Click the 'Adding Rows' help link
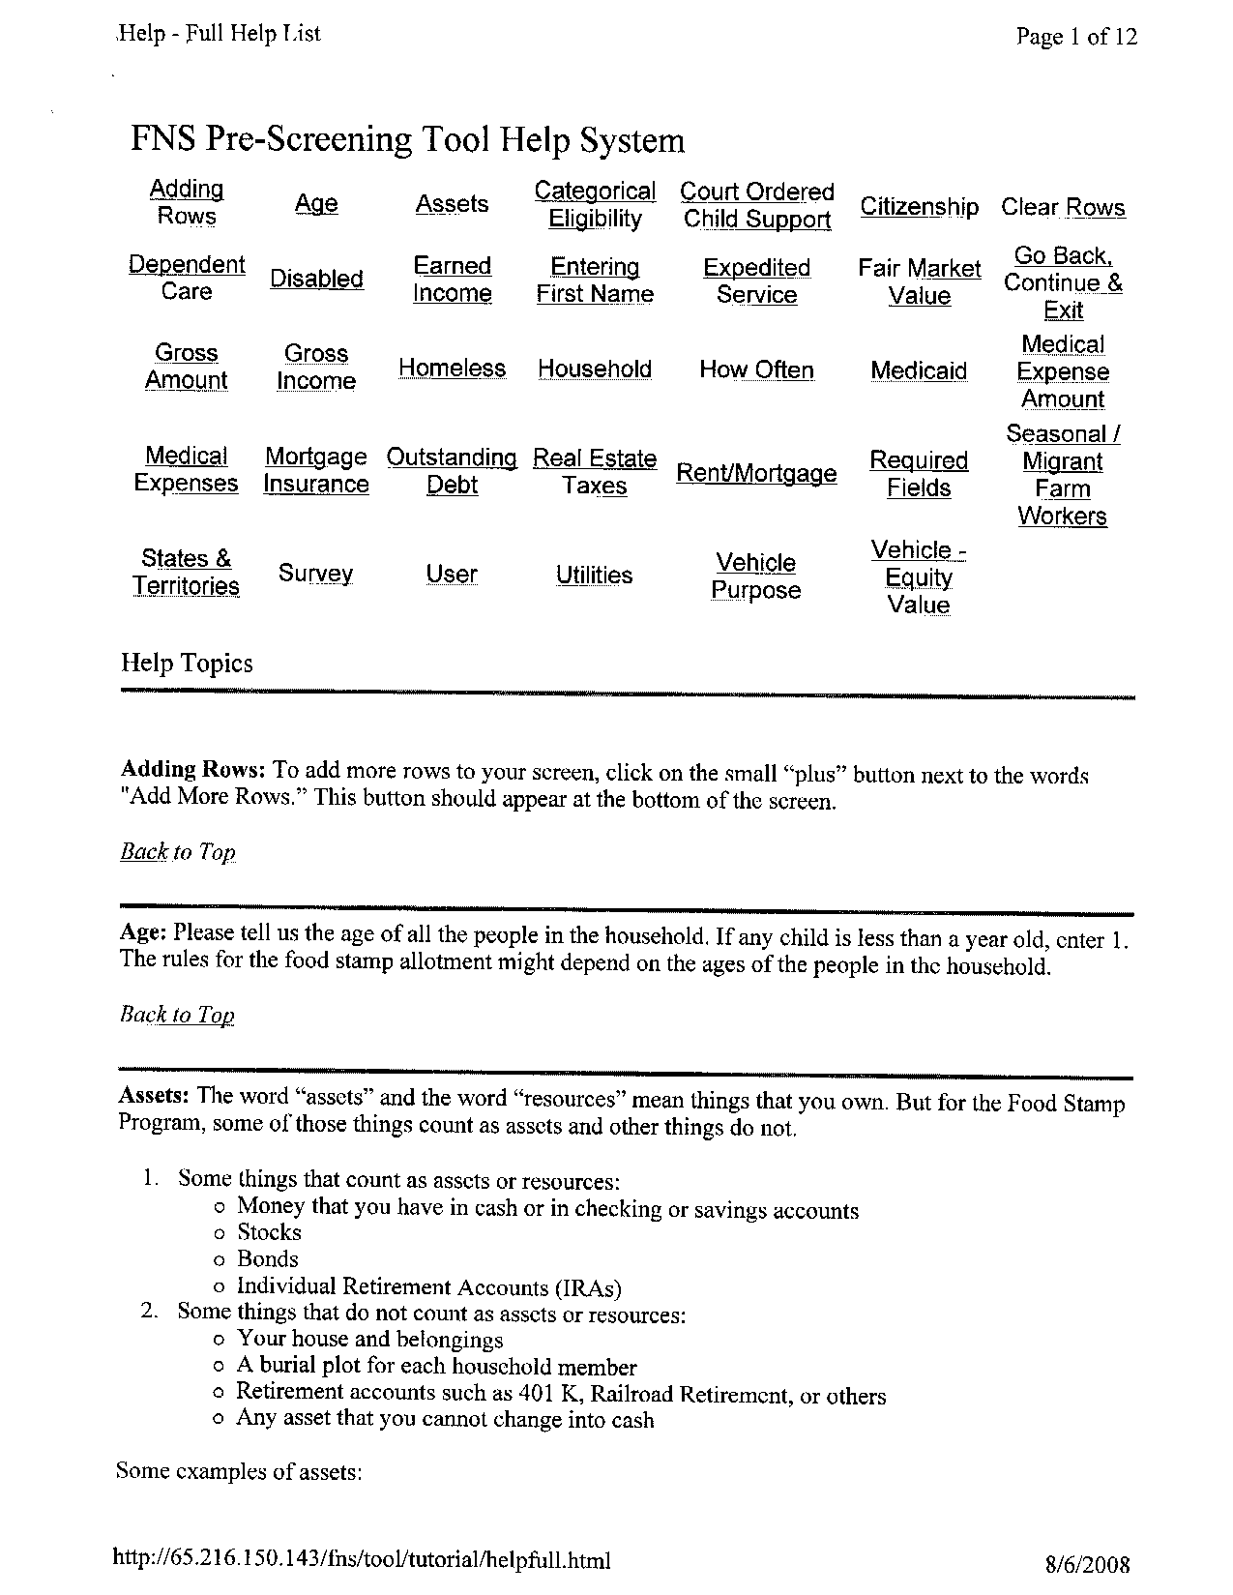186,202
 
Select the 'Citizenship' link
919,207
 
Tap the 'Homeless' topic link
452,369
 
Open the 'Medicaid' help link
919,370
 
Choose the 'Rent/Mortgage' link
756,473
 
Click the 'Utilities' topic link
594,576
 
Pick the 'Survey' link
315,574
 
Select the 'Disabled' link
316,280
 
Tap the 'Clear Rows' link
1063,208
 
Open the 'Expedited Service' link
756,281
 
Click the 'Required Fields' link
919,474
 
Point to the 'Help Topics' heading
187,664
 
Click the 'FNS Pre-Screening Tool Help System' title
407,141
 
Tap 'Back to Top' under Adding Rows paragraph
178,852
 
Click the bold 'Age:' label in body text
143,932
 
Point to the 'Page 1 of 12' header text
1076,38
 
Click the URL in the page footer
362,1559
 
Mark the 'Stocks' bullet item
269,1232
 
